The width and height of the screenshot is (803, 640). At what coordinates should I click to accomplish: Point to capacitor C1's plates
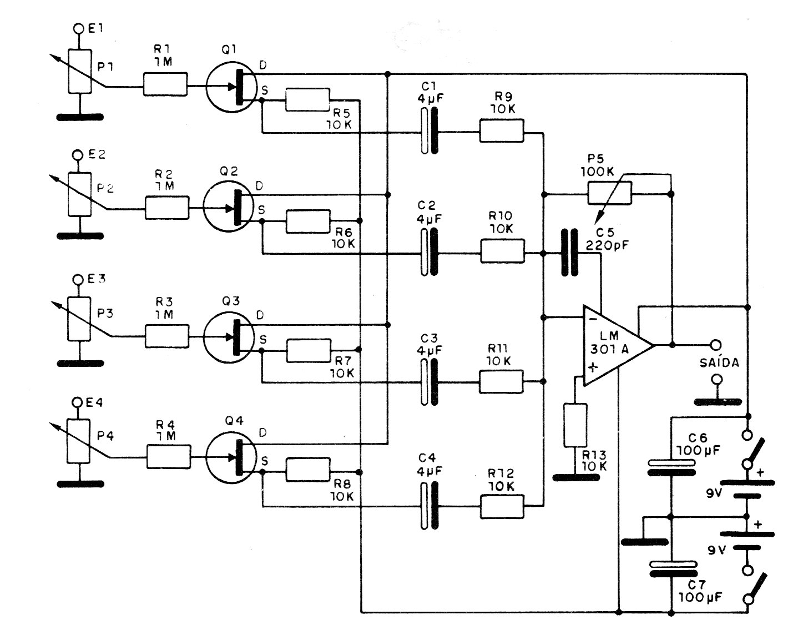click(428, 131)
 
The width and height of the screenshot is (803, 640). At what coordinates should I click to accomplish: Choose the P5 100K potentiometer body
click(609, 193)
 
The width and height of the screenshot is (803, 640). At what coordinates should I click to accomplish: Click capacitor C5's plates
click(570, 253)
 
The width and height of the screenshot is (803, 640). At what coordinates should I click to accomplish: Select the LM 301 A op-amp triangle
click(616, 345)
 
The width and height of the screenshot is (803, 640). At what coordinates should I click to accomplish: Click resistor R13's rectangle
click(575, 425)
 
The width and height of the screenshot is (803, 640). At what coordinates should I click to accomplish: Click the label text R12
click(501, 473)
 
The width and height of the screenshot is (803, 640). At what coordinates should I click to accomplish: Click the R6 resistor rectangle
click(307, 221)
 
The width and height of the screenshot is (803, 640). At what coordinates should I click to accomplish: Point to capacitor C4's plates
click(428, 505)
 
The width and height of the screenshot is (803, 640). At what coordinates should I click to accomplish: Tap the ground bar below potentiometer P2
click(80, 235)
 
